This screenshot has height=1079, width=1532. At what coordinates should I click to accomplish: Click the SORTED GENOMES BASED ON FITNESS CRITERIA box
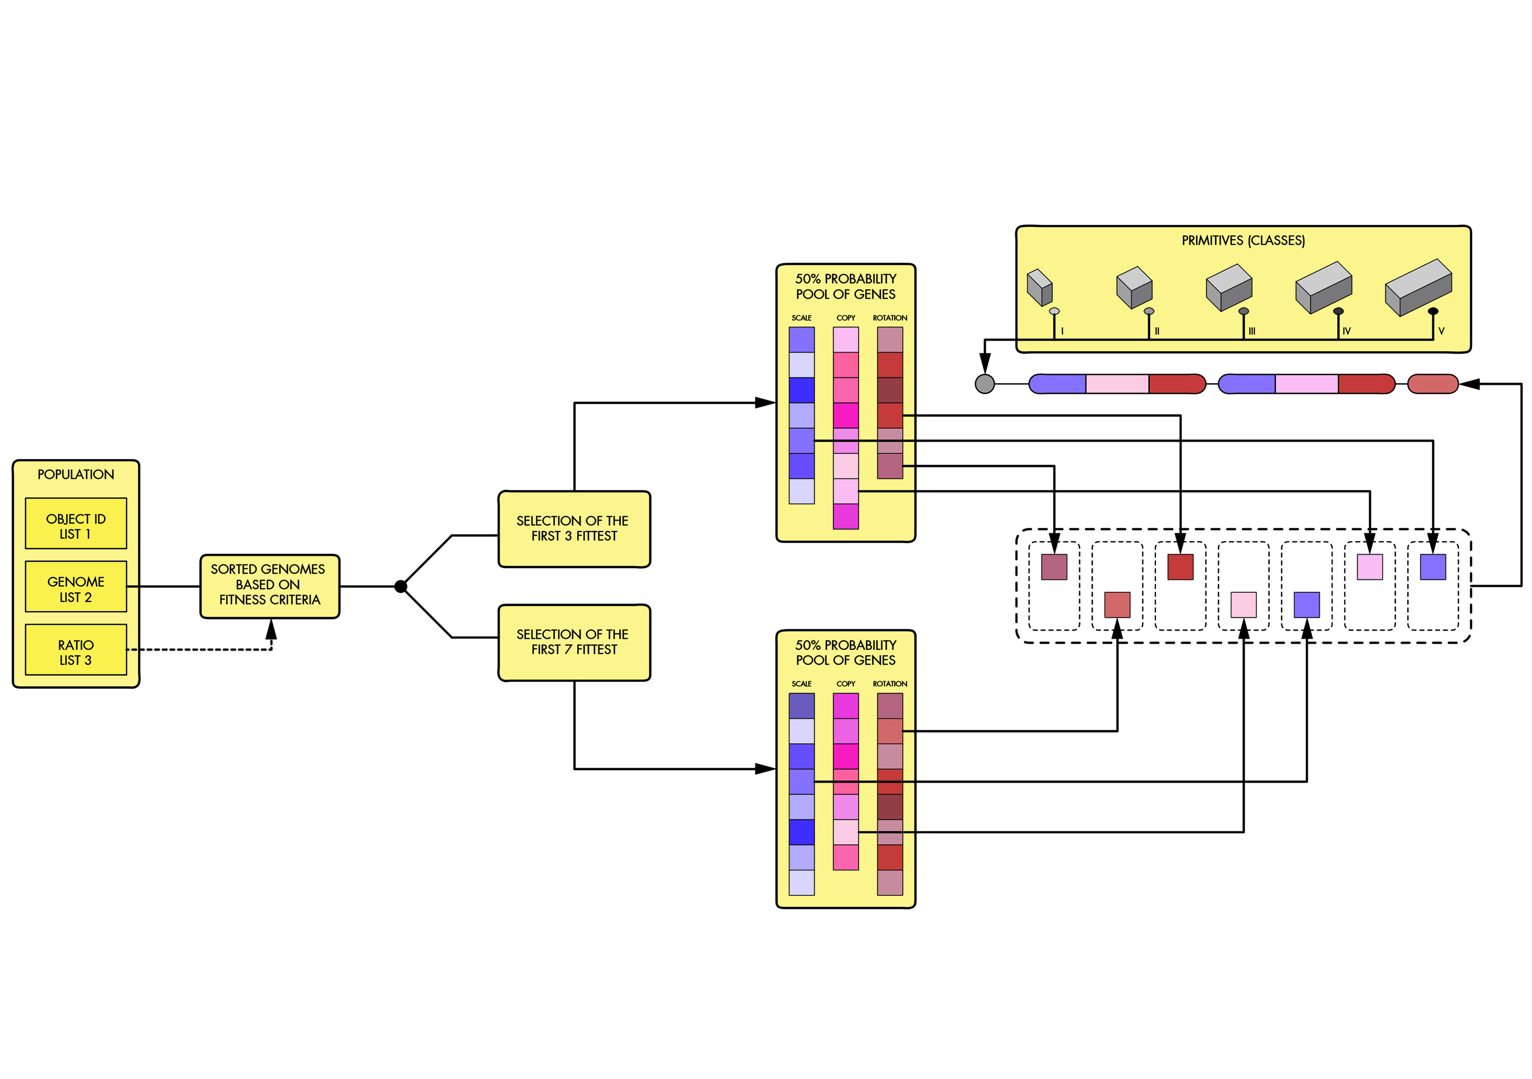270,586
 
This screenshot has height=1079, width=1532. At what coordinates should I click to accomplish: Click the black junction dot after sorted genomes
400,586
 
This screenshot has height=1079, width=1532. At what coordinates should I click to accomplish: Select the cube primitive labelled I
1039,287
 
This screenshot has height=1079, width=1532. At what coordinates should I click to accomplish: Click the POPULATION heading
76,475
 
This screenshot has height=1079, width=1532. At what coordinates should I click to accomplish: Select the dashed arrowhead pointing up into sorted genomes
271,629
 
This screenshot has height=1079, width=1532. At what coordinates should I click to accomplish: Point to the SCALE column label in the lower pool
802,684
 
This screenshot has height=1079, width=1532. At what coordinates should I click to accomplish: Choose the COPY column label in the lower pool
845,684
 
